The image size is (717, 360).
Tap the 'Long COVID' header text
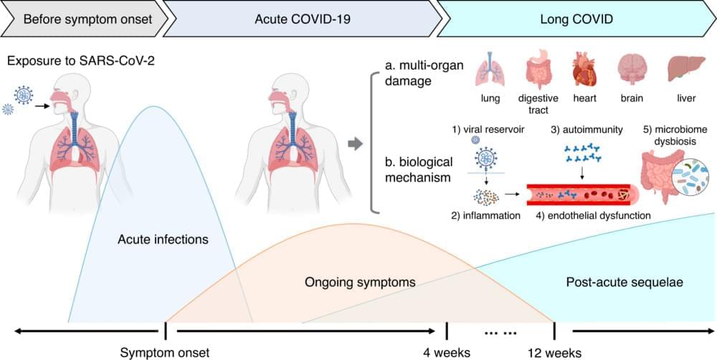point(576,18)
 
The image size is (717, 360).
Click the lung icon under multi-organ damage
point(494,70)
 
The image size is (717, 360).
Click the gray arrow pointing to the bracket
point(354,144)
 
